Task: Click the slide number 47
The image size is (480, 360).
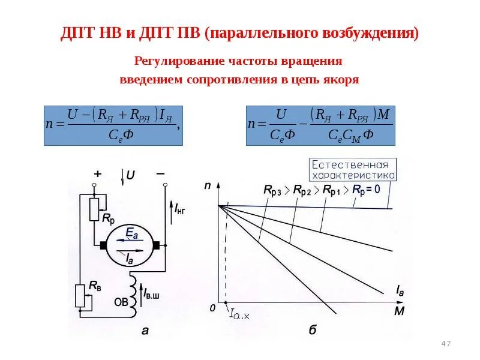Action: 445,343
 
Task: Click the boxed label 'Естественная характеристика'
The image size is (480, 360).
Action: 352,170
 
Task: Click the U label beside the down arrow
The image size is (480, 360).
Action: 131,176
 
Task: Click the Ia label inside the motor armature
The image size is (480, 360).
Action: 130,259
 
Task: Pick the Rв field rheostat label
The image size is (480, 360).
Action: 95,287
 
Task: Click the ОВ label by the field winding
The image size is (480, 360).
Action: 121,302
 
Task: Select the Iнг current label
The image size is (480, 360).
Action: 179,209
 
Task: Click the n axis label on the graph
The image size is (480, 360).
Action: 208,187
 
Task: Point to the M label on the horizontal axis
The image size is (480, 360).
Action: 399,312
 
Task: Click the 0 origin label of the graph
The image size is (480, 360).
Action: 212,308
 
